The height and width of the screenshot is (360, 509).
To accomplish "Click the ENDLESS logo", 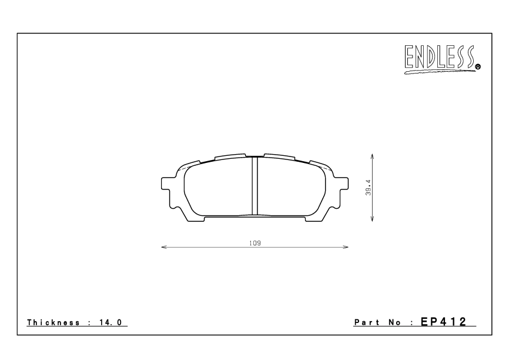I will [x=439, y=59].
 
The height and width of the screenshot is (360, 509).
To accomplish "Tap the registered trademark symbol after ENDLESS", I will [x=478, y=67].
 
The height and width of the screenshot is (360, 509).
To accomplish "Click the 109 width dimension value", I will [x=254, y=242].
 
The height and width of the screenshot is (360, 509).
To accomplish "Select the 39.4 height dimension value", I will [x=367, y=188].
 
